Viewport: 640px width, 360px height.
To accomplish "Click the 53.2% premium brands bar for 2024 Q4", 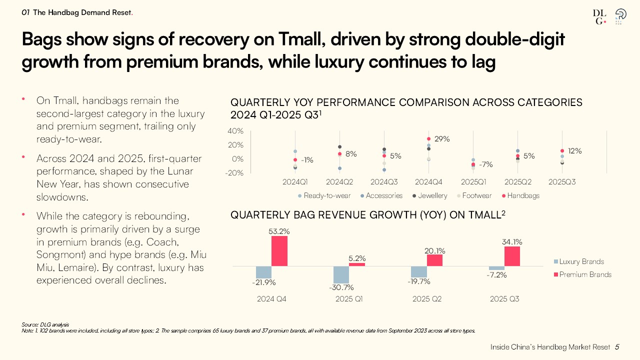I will tap(279, 251).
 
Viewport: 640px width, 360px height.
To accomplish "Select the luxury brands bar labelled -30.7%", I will tap(341, 274).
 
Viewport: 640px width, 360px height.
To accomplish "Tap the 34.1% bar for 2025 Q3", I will tap(512, 256).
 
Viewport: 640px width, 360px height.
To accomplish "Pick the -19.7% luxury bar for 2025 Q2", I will tap(419, 271).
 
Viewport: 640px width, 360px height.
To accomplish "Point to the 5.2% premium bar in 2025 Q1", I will tap(357, 264).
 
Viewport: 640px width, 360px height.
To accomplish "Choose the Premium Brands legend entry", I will tap(582, 274).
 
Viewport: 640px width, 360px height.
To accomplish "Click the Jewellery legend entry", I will tap(428, 195).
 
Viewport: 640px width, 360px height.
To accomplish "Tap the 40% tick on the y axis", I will tap(235, 131).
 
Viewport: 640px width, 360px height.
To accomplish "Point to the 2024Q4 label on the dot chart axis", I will tap(428, 182).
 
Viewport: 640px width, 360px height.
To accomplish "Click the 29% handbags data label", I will tap(442, 139).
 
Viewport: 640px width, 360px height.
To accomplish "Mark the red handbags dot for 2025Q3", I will tap(562, 150).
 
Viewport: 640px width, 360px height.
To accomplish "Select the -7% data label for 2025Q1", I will tap(485, 164).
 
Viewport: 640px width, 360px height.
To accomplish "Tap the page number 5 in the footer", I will tap(617, 347).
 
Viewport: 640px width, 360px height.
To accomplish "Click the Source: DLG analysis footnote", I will tap(45, 324).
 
